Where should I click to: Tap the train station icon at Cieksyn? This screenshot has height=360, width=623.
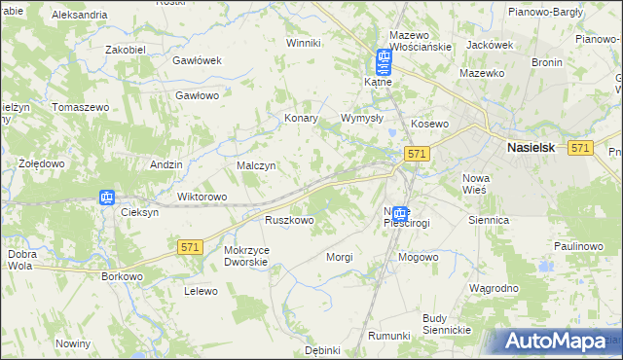(106, 198)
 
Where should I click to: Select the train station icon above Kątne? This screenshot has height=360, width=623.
(384, 62)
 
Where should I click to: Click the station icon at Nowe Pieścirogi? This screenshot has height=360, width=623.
(400, 213)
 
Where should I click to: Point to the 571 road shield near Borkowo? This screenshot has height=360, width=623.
(190, 248)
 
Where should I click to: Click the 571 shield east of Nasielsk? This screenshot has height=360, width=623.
(580, 147)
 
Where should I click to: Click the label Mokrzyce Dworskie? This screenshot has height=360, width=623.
(245, 255)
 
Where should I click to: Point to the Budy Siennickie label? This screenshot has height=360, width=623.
(447, 324)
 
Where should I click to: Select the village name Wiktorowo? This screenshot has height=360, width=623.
(202, 197)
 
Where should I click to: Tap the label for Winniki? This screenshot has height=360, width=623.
(303, 43)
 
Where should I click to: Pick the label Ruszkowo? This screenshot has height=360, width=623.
(289, 221)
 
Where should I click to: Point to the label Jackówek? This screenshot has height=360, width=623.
(490, 45)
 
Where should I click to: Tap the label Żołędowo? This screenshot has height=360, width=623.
(42, 163)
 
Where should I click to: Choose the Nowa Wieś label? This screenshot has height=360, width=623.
(476, 184)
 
